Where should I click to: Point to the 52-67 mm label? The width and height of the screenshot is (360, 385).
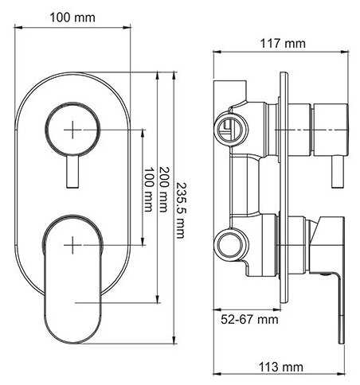(x=248, y=319)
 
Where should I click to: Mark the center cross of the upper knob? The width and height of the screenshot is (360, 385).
(x=73, y=129)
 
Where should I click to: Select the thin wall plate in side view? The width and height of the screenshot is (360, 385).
(x=283, y=191)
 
